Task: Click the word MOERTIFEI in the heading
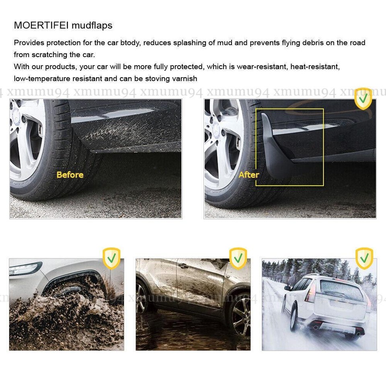coord(41,25)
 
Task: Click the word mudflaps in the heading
coord(92,25)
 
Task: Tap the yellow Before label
coord(70,175)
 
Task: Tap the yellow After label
coord(249,175)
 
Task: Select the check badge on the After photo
coord(363,99)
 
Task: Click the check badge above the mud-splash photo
coord(112,258)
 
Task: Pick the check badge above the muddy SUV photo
coord(238,258)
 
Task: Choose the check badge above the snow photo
coord(364,258)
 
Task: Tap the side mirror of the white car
coord(287,288)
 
